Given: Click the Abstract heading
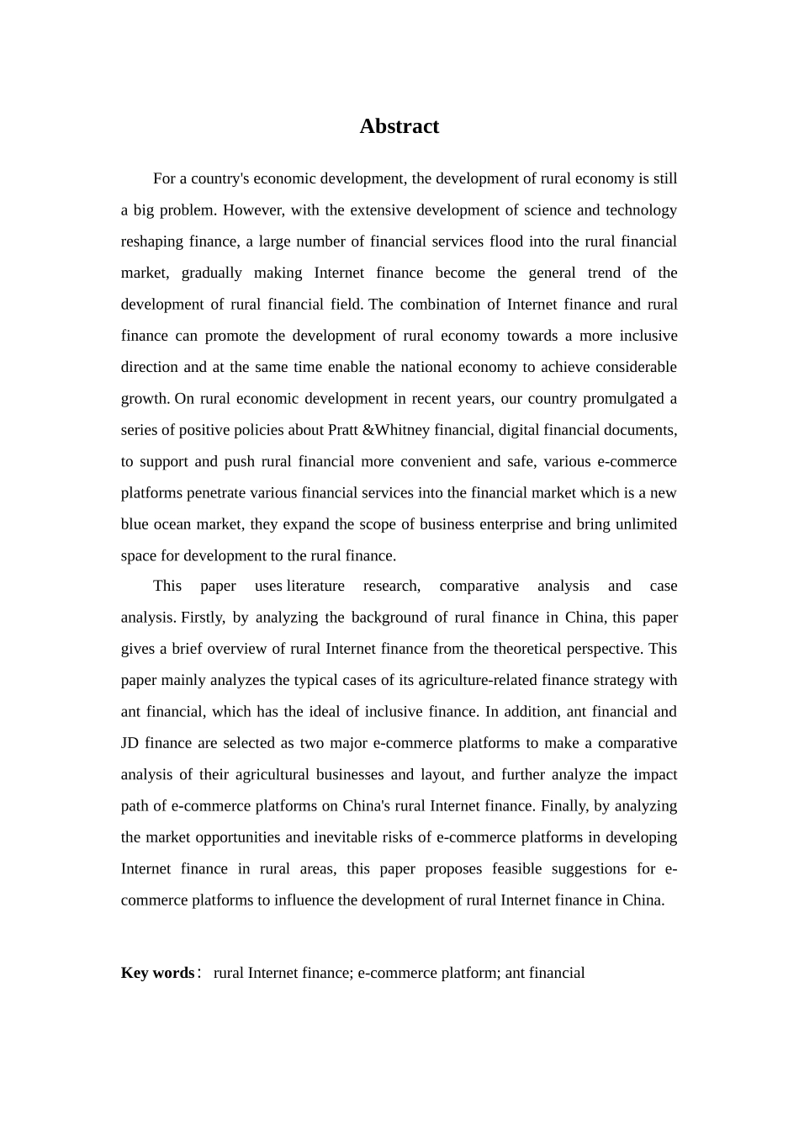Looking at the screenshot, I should [x=399, y=126].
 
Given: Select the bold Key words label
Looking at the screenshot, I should [x=157, y=973].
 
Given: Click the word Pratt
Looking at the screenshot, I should [x=342, y=430].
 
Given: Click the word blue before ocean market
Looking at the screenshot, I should [x=135, y=524].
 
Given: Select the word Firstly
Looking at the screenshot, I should [x=203, y=618].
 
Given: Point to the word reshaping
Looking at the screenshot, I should [x=152, y=242].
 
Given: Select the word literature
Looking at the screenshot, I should [x=315, y=586].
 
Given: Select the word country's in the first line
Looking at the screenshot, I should [x=220, y=178].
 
